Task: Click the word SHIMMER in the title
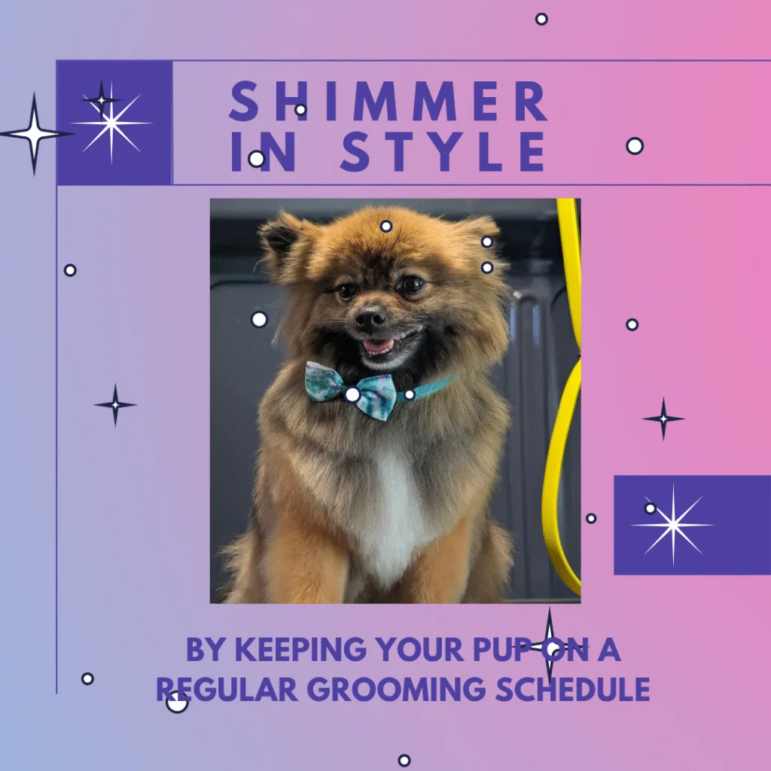point(388,102)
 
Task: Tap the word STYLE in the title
point(443,151)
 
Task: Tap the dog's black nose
point(370,318)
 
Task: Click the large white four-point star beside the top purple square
point(34,133)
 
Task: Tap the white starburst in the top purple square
point(111,123)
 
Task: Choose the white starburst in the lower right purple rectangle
point(672,525)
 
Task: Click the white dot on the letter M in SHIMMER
point(300,110)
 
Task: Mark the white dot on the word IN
point(256,159)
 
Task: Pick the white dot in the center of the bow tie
point(352,395)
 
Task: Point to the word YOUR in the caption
point(419,649)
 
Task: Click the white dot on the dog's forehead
point(386,226)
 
